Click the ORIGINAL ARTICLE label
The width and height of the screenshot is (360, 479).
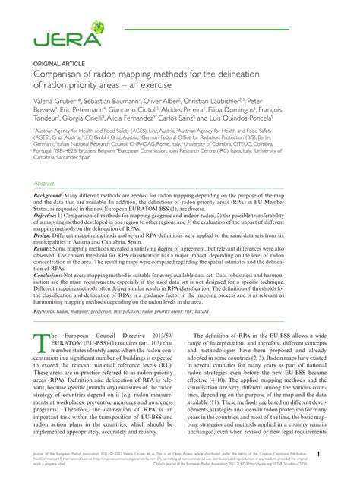pyautogui.click(x=56, y=63)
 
